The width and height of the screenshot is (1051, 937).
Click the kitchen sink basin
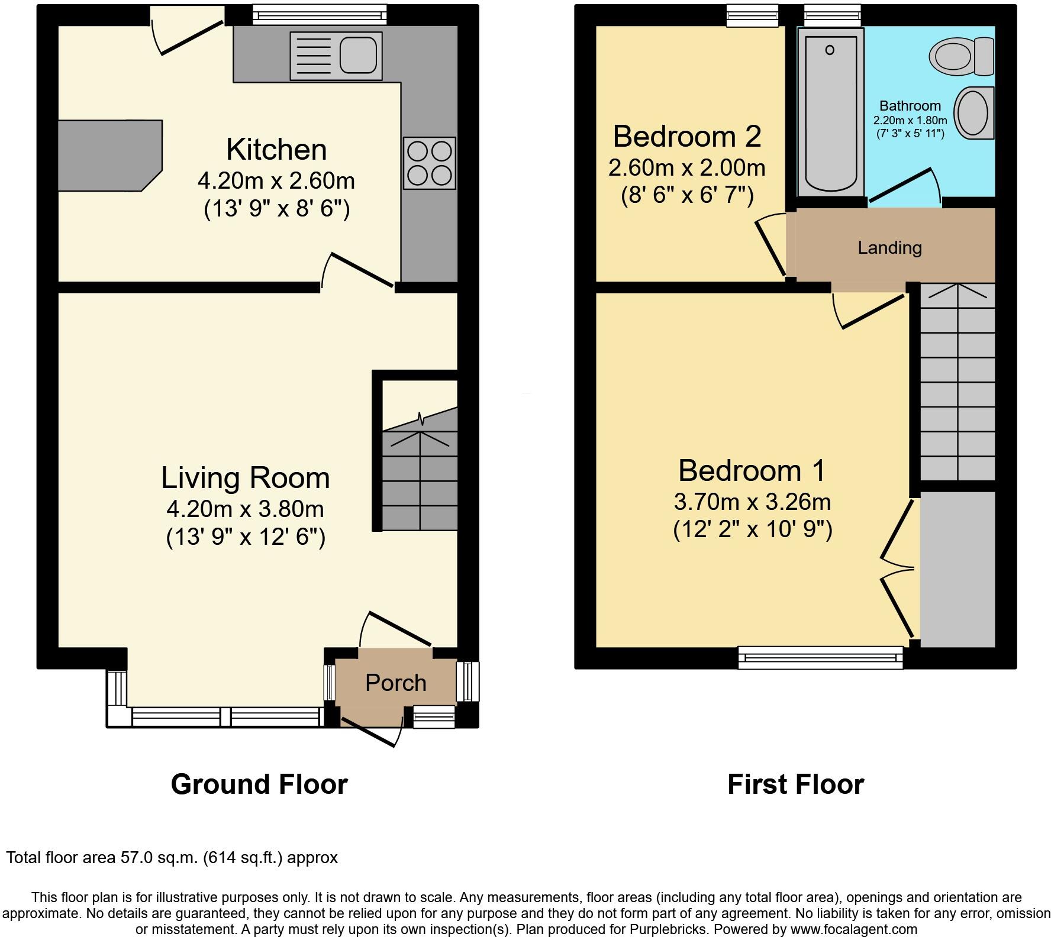(x=357, y=56)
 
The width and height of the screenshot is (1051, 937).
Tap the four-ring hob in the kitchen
(x=430, y=163)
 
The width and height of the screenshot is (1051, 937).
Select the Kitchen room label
(x=276, y=150)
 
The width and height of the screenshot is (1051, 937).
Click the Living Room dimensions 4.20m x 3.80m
(x=245, y=509)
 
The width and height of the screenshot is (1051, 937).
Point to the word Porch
(x=395, y=683)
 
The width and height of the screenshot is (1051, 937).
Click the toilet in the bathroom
(x=961, y=57)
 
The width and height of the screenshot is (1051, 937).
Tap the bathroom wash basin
(x=973, y=112)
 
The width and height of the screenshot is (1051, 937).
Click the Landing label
(x=889, y=247)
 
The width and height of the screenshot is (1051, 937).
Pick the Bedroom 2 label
(x=686, y=137)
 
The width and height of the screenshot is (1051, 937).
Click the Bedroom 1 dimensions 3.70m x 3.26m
(x=752, y=502)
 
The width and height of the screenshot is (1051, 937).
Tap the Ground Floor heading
(x=259, y=784)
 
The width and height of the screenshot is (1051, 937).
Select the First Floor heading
(x=795, y=784)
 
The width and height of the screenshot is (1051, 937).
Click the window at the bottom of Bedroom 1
(x=820, y=657)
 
